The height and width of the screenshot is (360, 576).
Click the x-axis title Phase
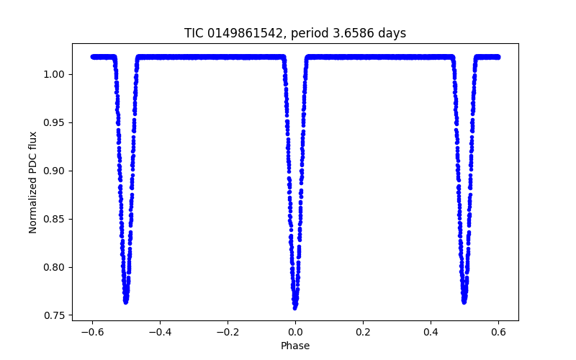pyautogui.click(x=295, y=346)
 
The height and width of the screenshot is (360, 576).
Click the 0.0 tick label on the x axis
pyautogui.click(x=295, y=333)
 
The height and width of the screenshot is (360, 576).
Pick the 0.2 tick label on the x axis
pyautogui.click(x=363, y=333)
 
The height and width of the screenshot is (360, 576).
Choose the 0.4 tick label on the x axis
pyautogui.click(x=431, y=333)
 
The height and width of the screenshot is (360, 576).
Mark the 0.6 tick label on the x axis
pyautogui.click(x=498, y=333)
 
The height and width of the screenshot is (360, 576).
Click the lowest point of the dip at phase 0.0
pyautogui.click(x=295, y=307)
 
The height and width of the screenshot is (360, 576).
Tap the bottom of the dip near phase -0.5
pyautogui.click(x=126, y=302)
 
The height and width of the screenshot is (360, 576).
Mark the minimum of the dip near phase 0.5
pyautogui.click(x=464, y=302)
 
